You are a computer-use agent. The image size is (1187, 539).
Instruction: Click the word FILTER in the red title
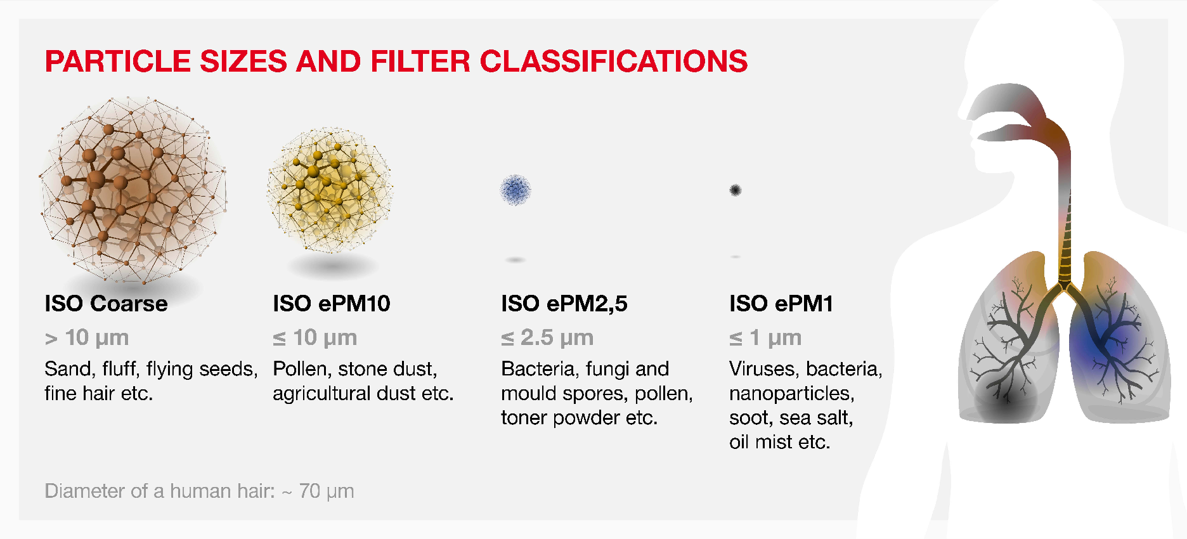(420, 62)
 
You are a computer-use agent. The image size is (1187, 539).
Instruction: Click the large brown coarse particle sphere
(133, 190)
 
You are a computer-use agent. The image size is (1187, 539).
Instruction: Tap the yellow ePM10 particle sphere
(330, 190)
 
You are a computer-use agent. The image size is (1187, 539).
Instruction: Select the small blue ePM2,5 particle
(516, 190)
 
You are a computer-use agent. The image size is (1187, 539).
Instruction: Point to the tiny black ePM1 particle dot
(736, 190)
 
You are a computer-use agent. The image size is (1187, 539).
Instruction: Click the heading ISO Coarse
(106, 304)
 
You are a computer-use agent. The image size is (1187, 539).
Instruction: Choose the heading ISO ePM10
(332, 304)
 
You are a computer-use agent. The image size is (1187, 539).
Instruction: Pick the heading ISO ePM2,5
(564, 304)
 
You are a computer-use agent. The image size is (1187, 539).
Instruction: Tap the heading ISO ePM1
(781, 304)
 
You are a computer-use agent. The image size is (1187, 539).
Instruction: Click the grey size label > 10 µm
(87, 338)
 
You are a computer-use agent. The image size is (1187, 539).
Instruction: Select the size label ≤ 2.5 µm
(547, 338)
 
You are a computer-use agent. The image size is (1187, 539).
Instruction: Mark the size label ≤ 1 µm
(765, 338)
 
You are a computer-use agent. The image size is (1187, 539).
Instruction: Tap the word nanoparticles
(792, 394)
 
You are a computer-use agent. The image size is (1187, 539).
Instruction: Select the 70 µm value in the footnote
(327, 491)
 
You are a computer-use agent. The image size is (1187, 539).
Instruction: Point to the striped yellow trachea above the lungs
(1067, 235)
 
